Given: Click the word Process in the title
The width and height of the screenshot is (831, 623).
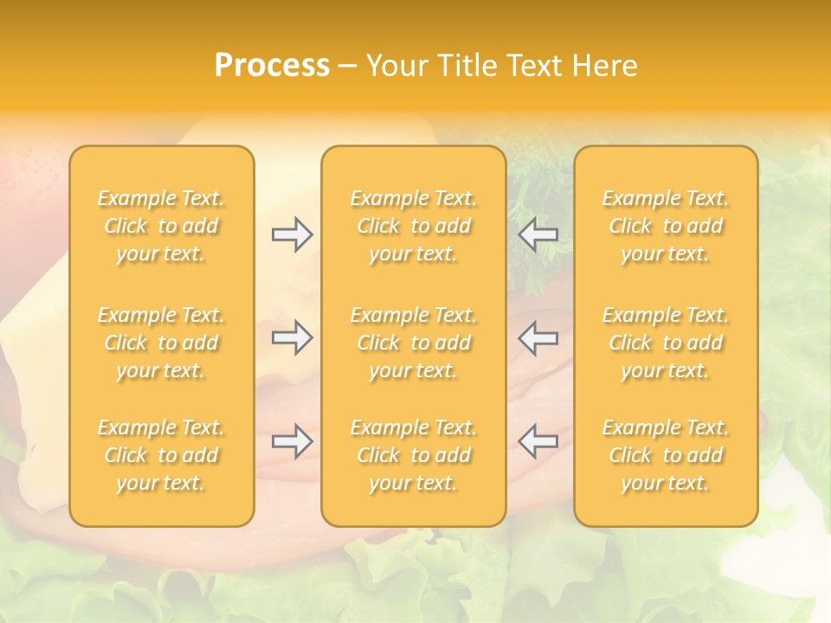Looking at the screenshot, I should pos(272,66).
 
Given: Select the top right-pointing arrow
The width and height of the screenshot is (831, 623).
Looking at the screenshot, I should pos(292,234).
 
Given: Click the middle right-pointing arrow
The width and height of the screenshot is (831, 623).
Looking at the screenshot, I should pos(292,337).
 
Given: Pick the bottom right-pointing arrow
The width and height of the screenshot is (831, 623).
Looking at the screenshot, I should pos(292,441).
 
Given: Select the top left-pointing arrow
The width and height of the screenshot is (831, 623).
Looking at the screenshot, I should pos(538,234).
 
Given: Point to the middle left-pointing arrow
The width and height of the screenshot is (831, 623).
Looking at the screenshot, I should pos(538,337).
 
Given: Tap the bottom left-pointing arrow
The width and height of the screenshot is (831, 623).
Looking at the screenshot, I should pos(538,441).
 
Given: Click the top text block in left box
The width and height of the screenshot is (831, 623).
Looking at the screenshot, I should pos(161,226).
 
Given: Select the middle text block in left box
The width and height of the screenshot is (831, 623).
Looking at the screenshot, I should pos(161,343).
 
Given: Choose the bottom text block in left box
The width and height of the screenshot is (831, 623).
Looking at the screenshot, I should pos(161,455).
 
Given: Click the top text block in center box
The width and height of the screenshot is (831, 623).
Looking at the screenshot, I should pos(414,226).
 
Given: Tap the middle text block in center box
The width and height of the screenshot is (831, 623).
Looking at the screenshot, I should pos(414,343).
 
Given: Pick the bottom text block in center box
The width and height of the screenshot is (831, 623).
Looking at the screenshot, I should pos(414,455).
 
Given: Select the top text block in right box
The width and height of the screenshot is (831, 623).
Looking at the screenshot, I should pos(666,226).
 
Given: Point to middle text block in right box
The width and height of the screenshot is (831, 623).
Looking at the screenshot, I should pos(666,343).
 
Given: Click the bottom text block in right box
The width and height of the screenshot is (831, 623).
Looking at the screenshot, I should pos(666,455).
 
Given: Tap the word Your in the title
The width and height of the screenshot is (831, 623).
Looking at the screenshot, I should pos(397,66).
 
